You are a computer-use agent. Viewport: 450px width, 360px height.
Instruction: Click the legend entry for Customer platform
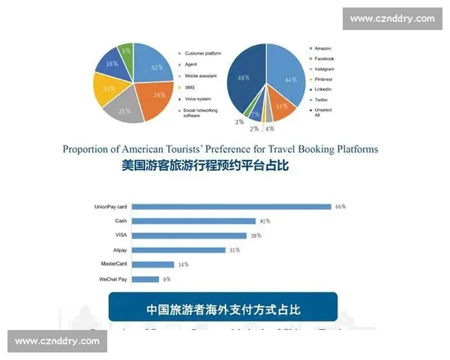point(202,53)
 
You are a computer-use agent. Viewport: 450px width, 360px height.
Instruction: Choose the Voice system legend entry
point(199,98)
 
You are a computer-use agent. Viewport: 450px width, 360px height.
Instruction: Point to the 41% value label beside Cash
point(264,221)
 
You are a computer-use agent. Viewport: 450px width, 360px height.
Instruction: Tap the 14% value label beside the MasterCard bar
point(182,265)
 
